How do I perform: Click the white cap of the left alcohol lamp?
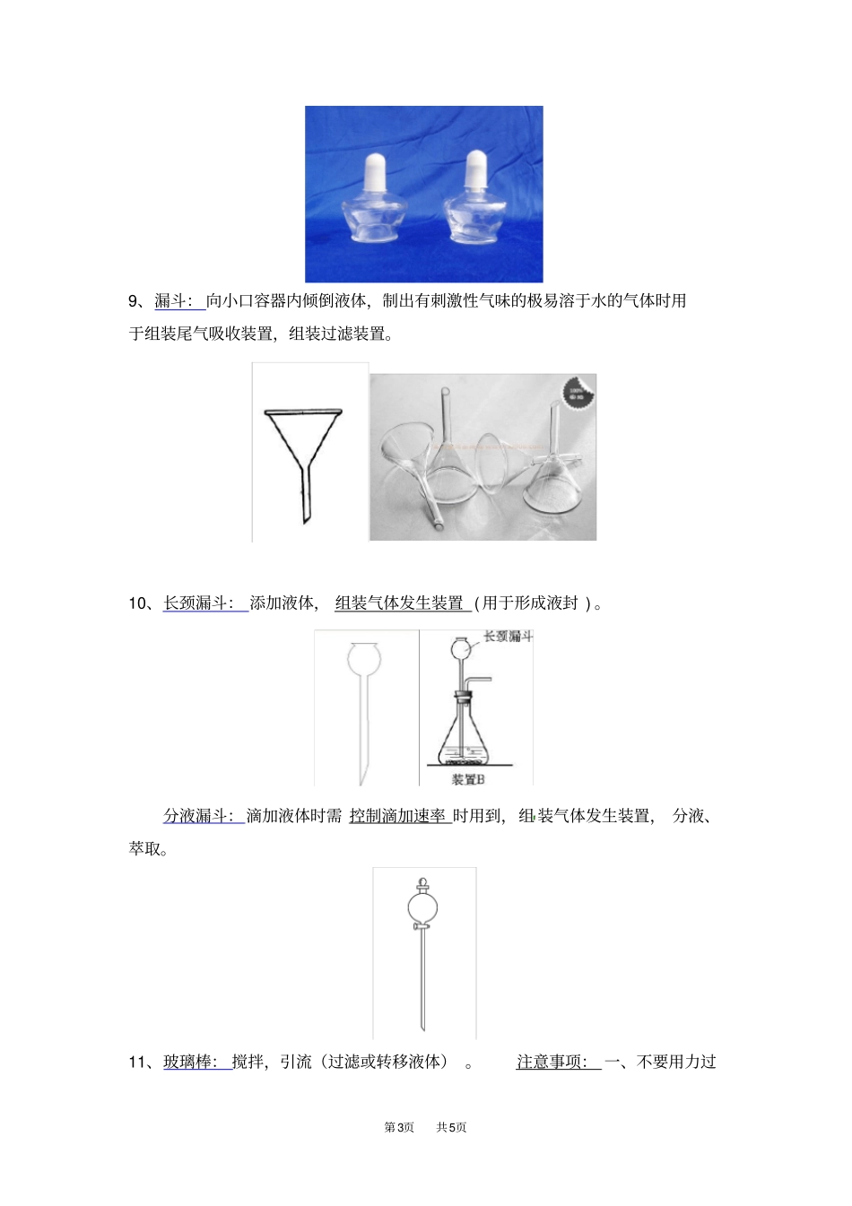coord(375,169)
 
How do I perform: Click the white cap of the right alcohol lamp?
coord(475,168)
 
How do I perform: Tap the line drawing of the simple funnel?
coord(304,453)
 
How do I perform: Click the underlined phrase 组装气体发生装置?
coord(399,603)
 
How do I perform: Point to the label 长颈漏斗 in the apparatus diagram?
coord(508,637)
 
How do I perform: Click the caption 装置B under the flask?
coord(467,779)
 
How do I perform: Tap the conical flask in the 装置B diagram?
coord(462,740)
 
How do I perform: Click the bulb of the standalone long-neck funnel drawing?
coord(364,659)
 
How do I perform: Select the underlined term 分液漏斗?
coord(197,816)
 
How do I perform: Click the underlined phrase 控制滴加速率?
coord(397,816)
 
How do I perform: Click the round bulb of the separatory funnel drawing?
coord(422,907)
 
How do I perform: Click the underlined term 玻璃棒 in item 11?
coord(189,1062)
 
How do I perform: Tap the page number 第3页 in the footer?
coord(399,1127)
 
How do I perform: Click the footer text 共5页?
coord(451,1127)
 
